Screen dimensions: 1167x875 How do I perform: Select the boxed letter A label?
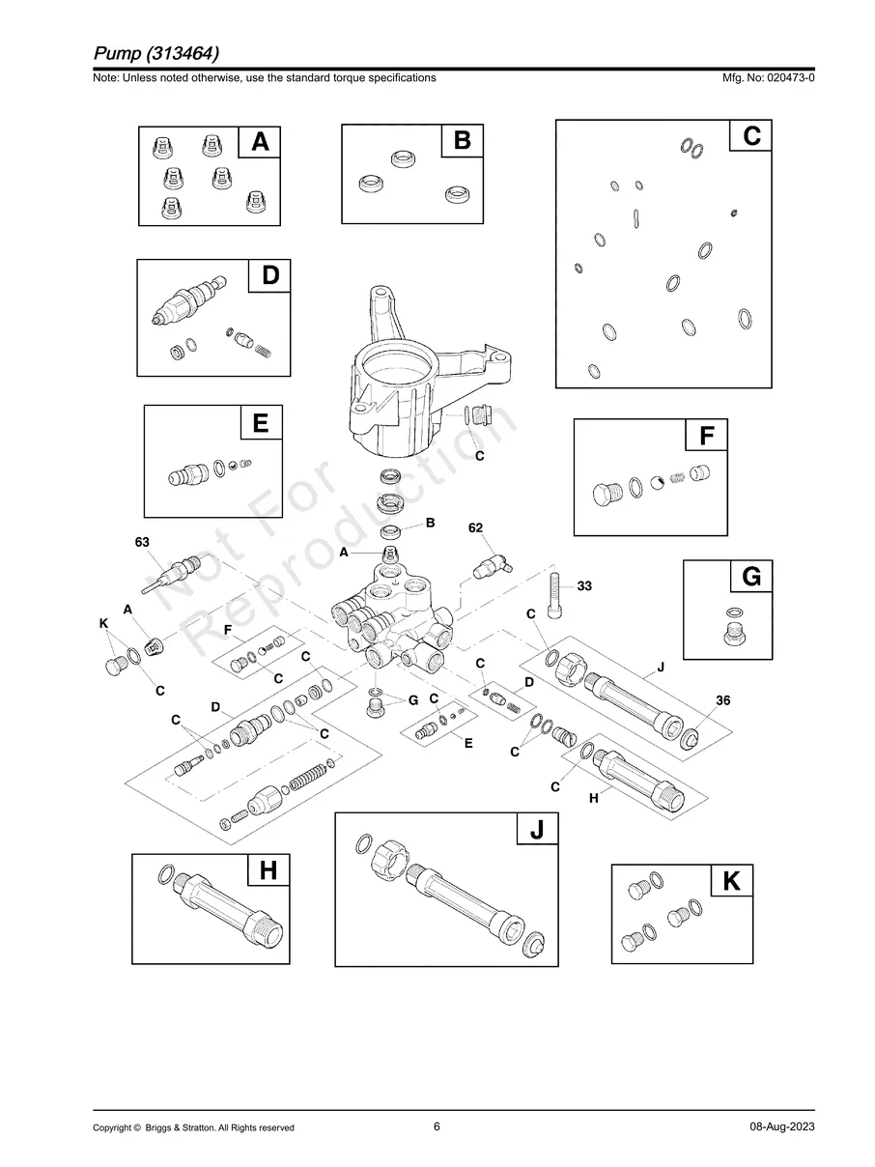tap(260, 142)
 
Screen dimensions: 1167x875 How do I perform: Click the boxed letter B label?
tap(462, 141)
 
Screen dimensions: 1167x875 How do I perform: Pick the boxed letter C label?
tap(750, 136)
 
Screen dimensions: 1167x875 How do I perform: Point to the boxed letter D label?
tap(269, 275)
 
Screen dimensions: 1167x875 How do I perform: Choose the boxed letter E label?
tap(261, 422)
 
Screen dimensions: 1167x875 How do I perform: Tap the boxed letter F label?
tap(707, 437)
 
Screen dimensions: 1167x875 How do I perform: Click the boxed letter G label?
tap(750, 577)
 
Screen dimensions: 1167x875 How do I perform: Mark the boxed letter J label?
tap(537, 829)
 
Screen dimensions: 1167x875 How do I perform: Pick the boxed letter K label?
tap(731, 881)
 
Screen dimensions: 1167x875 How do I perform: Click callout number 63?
tap(142, 543)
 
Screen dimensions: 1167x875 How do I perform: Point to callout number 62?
tap(475, 528)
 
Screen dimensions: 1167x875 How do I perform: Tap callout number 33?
tap(584, 586)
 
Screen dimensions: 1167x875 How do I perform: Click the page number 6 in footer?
tap(437, 1126)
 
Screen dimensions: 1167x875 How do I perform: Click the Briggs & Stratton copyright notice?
tap(193, 1127)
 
